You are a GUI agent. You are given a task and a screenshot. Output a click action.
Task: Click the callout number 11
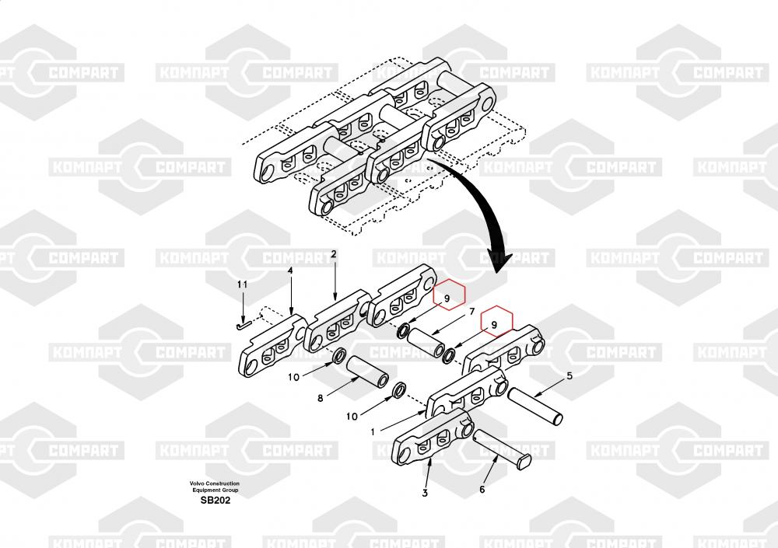[x=242, y=285]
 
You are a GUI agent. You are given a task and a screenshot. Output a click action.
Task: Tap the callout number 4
[x=290, y=271]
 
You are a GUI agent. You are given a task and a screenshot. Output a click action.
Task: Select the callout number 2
[x=333, y=254]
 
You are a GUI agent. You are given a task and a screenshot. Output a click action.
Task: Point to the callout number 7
[x=471, y=312]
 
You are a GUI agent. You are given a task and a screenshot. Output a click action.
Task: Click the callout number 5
[x=569, y=376]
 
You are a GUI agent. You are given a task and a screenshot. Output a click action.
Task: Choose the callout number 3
[x=425, y=492]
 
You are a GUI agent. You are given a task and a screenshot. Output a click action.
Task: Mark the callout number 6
[x=482, y=489]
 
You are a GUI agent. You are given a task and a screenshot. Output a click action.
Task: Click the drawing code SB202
[x=215, y=501]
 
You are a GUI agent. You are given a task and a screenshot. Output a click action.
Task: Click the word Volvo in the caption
[x=200, y=483]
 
